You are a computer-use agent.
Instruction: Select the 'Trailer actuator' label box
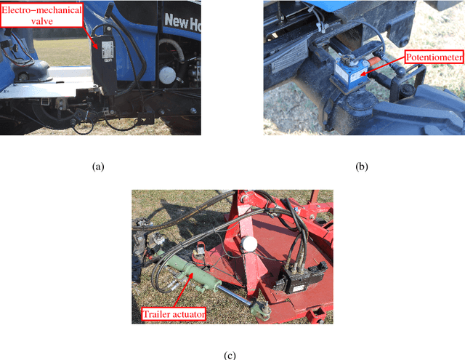click(174, 313)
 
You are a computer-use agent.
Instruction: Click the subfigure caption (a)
click(98, 167)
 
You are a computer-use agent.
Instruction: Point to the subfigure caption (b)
click(361, 167)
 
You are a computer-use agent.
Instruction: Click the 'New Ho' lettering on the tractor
click(182, 20)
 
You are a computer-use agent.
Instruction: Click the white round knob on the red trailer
click(250, 244)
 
